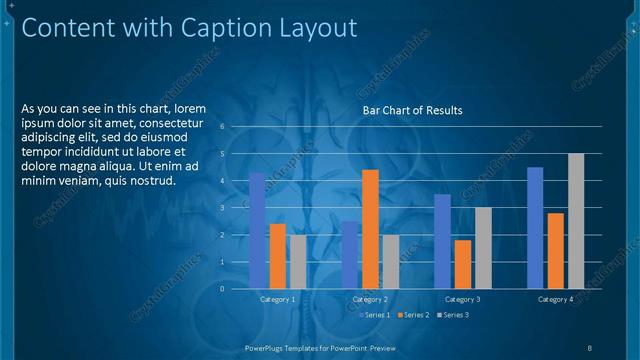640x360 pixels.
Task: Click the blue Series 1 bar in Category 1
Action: [257, 230]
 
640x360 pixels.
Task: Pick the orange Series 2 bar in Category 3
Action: [463, 264]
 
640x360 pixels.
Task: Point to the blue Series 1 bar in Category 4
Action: [535, 227]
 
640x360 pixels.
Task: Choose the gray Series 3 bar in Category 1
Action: [298, 261]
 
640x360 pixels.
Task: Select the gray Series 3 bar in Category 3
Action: [483, 247]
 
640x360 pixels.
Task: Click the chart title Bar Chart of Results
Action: [412, 110]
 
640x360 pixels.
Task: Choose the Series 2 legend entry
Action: [412, 315]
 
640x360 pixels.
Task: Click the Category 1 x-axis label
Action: [277, 299]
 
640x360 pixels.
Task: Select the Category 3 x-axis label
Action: [462, 299]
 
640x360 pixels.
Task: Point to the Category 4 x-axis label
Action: [555, 299]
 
